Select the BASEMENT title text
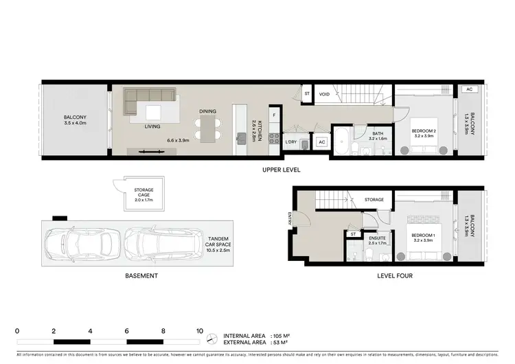(141, 275)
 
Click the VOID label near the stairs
(325, 94)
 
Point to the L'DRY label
(290, 141)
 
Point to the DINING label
(208, 111)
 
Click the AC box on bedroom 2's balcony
(469, 90)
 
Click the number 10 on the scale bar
(200, 330)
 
